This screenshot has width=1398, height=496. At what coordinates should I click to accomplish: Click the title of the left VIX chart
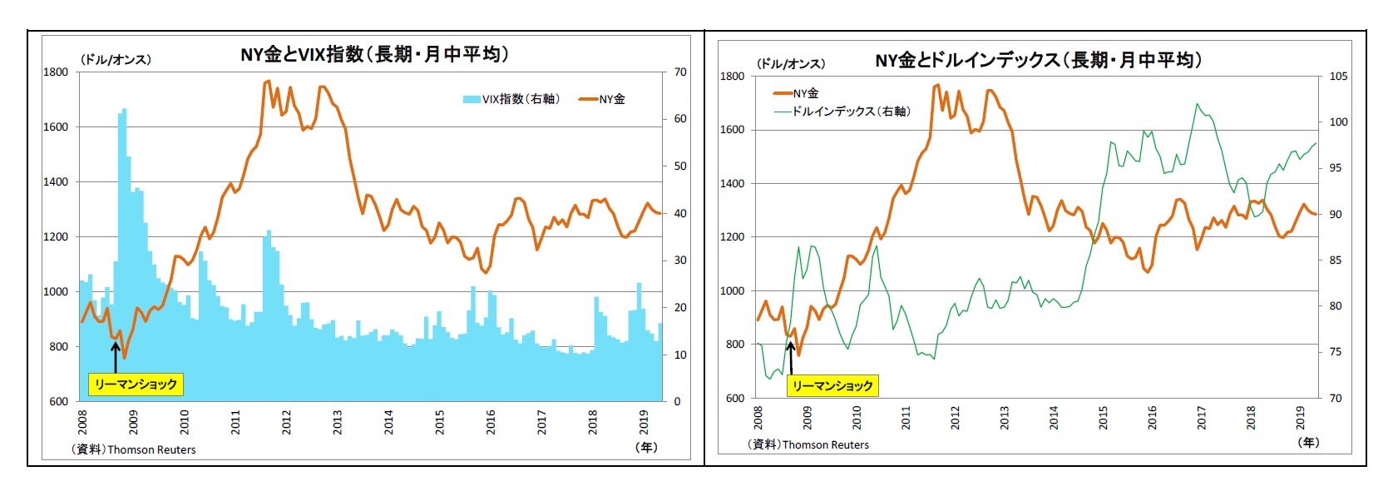(374, 54)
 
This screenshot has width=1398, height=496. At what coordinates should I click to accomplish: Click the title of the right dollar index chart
(1038, 59)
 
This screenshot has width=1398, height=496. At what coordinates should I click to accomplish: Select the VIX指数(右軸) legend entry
(511, 99)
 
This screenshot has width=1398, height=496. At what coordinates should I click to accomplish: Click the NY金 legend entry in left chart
(603, 99)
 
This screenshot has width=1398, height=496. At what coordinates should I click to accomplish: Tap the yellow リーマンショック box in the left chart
(136, 384)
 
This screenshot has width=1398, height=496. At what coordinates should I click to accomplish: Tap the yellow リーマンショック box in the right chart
(832, 385)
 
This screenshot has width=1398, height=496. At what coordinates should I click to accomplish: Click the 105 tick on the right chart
(1338, 77)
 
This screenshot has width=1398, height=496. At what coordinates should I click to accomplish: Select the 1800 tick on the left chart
(56, 72)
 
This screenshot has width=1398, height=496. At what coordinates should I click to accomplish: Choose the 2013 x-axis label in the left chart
(338, 421)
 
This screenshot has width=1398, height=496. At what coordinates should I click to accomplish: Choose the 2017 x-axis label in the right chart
(1201, 418)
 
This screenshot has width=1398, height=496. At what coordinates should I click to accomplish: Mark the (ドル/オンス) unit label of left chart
(116, 60)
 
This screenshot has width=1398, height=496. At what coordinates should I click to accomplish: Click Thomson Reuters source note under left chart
(135, 449)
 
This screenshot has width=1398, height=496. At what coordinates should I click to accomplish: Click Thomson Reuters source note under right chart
(808, 444)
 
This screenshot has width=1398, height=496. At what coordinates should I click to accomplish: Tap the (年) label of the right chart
(1308, 442)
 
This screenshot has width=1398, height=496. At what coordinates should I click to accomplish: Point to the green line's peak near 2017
(1197, 104)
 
